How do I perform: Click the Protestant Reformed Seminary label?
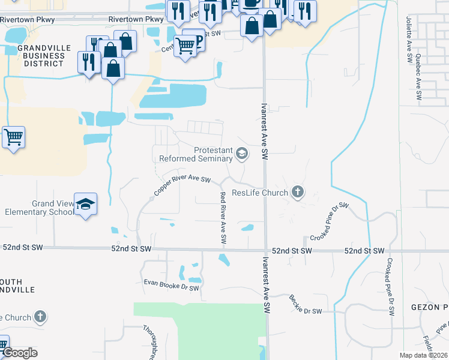[x=196, y=155]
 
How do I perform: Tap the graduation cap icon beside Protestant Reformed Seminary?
[x=242, y=154]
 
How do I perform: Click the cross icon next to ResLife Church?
[x=297, y=193]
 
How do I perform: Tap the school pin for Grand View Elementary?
[x=85, y=204]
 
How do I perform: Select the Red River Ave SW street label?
[x=223, y=217]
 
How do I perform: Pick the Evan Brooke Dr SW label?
[x=171, y=285]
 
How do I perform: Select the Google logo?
[x=20, y=353]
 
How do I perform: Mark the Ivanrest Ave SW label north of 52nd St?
[x=264, y=131]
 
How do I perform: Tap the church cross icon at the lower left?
[x=40, y=317]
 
